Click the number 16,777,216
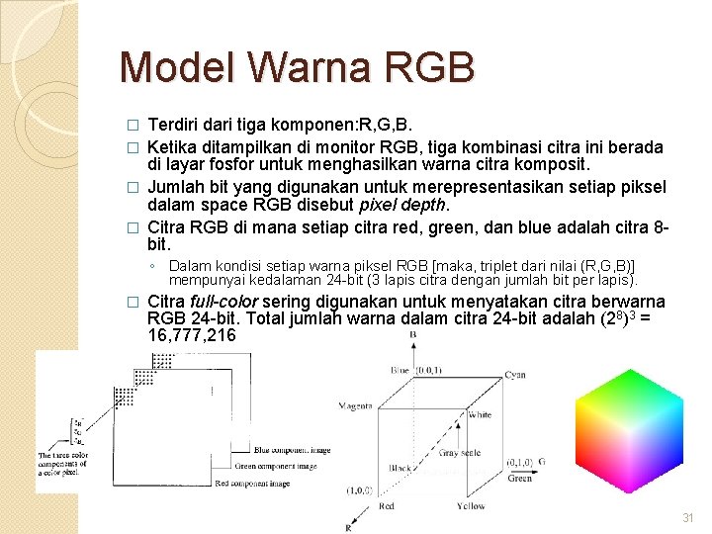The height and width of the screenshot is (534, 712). point(191,336)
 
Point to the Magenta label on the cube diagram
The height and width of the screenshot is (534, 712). point(355,405)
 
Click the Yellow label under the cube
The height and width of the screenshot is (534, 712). point(471,506)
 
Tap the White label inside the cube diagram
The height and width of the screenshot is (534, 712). point(480,415)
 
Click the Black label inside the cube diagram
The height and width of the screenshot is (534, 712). point(400,468)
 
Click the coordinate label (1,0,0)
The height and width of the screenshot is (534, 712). point(360,489)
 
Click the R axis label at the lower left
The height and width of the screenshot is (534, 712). point(349,527)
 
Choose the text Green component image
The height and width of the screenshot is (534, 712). point(276,466)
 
